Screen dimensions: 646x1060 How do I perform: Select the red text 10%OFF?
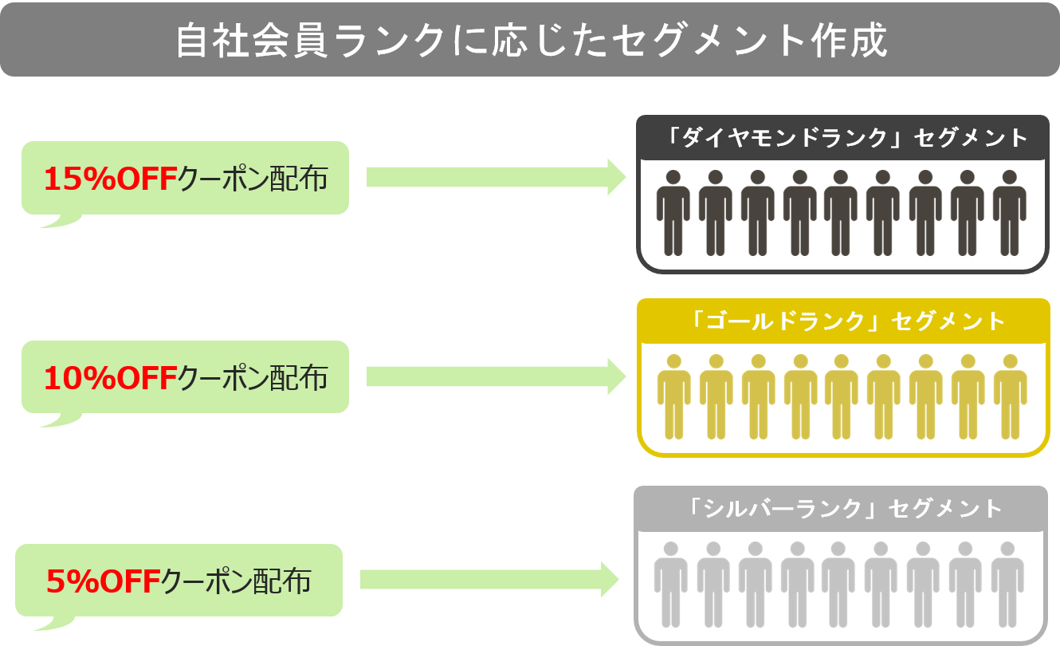click(x=109, y=378)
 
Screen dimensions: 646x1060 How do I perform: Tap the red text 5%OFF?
click(x=103, y=581)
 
